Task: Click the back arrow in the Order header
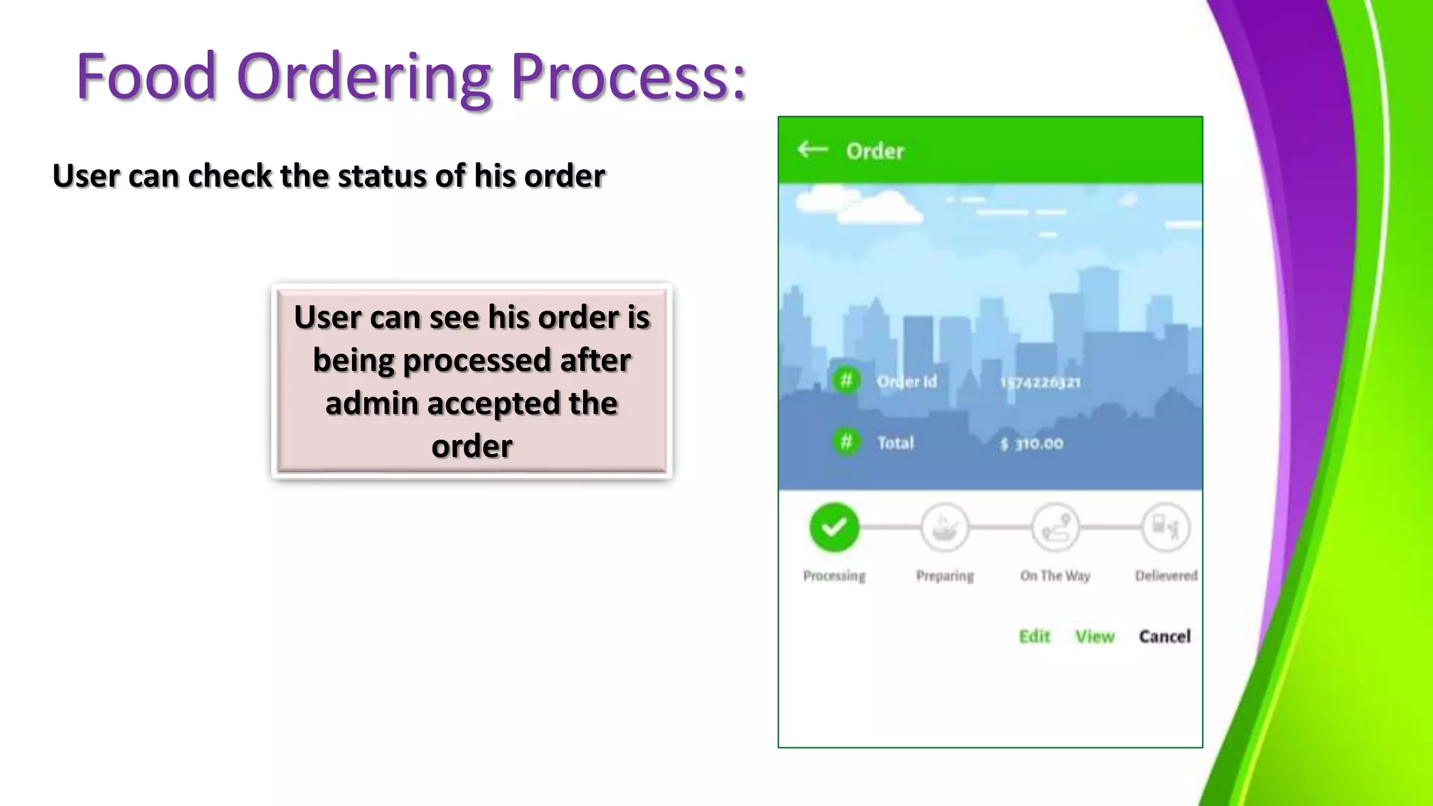(x=812, y=149)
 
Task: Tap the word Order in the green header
(x=875, y=151)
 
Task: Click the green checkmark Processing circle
(x=834, y=527)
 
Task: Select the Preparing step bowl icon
(x=945, y=528)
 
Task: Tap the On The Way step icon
(x=1055, y=528)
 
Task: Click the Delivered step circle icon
(x=1165, y=528)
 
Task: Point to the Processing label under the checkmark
(x=834, y=576)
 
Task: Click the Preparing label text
(x=945, y=576)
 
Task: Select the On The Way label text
(x=1055, y=576)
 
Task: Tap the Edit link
(x=1034, y=636)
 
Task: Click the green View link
(x=1094, y=636)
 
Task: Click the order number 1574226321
(x=1040, y=382)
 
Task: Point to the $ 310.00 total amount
(x=1031, y=444)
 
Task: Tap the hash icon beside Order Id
(x=846, y=381)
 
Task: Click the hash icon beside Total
(x=846, y=442)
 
